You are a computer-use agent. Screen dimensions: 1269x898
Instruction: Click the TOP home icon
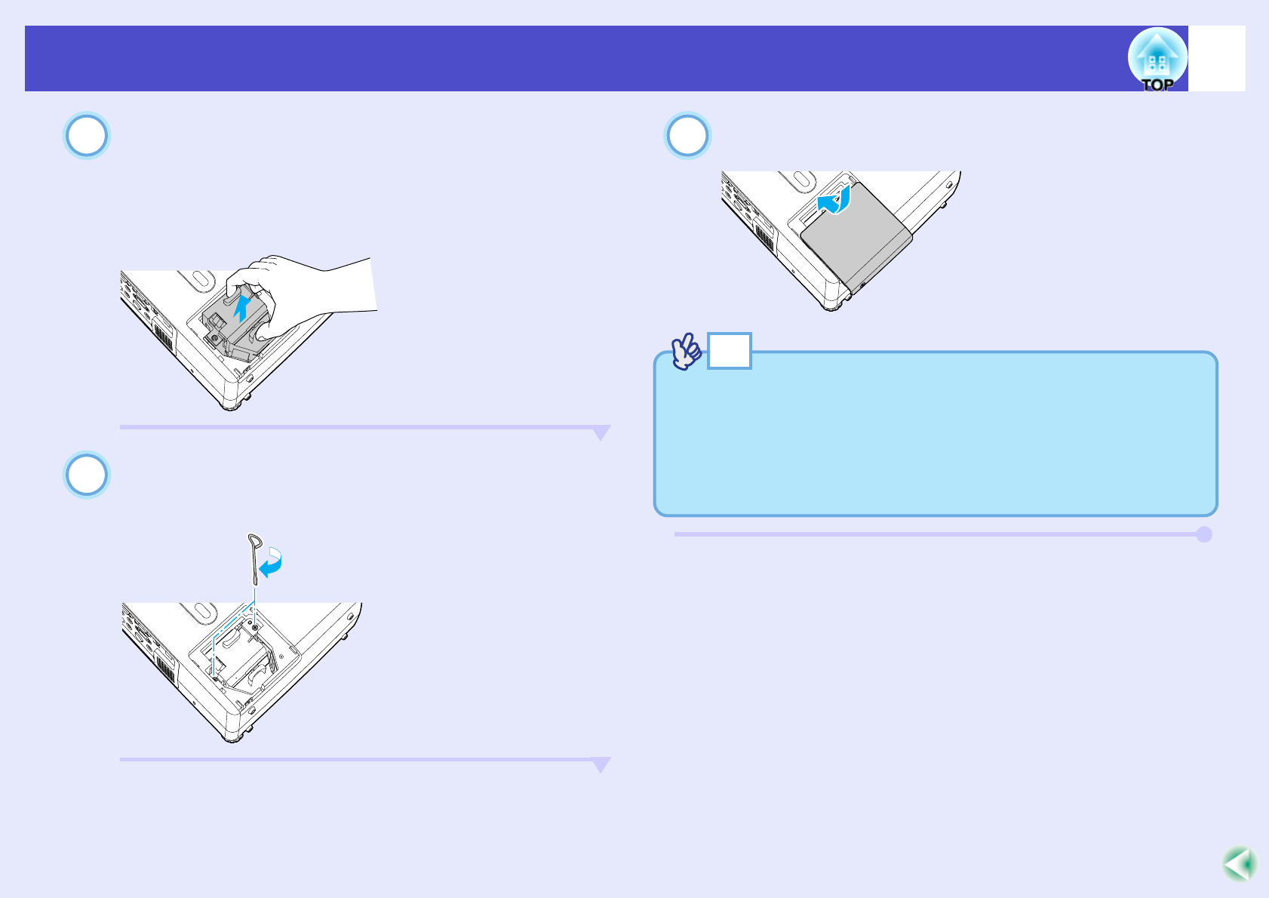tap(1157, 60)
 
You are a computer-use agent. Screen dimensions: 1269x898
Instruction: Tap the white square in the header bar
tap(1217, 59)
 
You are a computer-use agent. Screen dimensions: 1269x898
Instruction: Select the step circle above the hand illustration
tap(87, 136)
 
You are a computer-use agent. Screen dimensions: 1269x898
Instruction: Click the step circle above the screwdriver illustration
tap(87, 475)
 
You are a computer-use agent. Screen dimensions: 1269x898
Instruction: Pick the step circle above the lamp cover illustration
tap(687, 136)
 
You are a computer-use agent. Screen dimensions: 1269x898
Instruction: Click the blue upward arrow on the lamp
tap(241, 308)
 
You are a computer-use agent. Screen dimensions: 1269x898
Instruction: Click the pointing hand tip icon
tap(686, 351)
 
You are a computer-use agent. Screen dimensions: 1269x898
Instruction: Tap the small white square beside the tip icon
tap(729, 351)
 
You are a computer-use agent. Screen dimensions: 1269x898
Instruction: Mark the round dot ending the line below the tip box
tap(1204, 534)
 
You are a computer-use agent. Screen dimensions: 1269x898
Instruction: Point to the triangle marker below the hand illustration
tap(601, 433)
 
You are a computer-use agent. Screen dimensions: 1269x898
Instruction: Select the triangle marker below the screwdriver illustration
tap(601, 765)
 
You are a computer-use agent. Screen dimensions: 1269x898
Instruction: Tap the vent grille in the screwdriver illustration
tap(165, 668)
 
